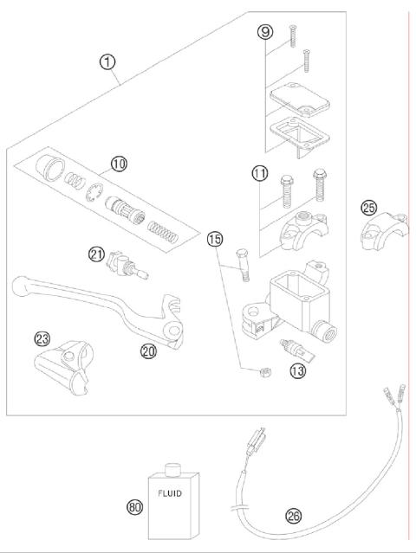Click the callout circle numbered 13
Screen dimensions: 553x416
coord(297,370)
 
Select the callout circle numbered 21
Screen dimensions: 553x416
coord(96,254)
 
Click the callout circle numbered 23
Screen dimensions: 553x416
coord(41,338)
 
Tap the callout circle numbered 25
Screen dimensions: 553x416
coord(369,208)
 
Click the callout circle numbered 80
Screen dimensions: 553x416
coord(134,508)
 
